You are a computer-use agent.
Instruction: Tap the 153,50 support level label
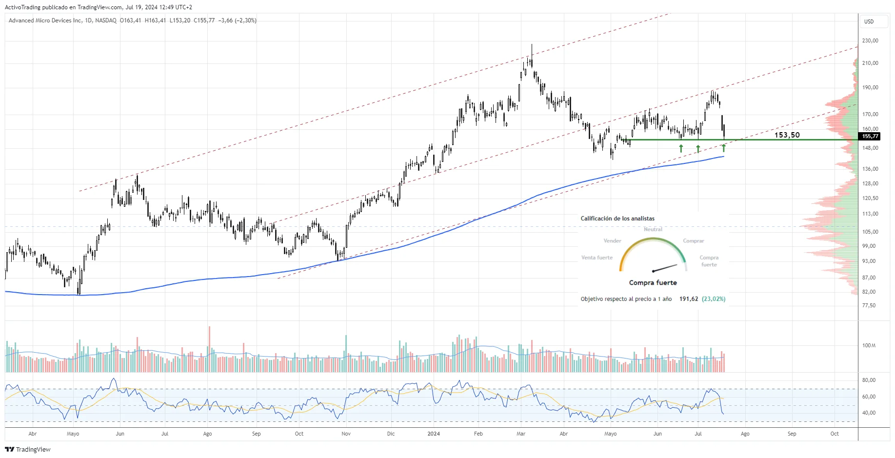click(x=787, y=135)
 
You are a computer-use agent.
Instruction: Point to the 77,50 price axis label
click(x=869, y=305)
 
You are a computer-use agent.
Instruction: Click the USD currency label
click(x=869, y=21)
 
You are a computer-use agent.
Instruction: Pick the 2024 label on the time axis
click(x=433, y=434)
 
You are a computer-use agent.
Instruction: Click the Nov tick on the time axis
click(x=346, y=434)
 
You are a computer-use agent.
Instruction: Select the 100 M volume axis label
click(x=869, y=345)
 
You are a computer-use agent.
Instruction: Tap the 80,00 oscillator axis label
click(x=869, y=380)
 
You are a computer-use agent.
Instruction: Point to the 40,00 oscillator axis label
click(x=869, y=413)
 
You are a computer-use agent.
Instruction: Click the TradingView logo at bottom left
click(x=28, y=449)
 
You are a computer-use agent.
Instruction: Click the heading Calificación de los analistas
click(x=617, y=219)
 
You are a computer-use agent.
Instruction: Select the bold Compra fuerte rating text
click(x=653, y=282)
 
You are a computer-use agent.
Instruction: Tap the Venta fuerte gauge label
click(x=597, y=258)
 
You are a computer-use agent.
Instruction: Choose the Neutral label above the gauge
click(x=653, y=229)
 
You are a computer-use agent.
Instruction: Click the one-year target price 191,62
click(x=688, y=299)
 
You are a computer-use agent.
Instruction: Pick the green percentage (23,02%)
click(x=713, y=299)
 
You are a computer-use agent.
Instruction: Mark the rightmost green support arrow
click(x=723, y=148)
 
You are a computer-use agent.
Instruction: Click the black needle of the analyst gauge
click(x=665, y=268)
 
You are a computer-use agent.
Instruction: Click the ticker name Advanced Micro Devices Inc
click(x=45, y=20)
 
